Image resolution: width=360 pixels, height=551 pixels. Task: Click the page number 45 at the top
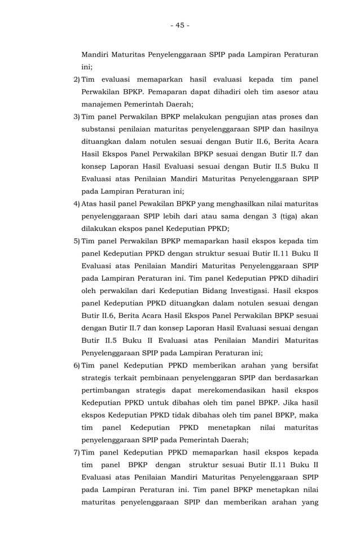(179, 25)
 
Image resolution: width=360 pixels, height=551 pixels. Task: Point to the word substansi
(99, 129)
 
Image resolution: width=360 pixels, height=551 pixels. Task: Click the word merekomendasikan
(238, 390)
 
